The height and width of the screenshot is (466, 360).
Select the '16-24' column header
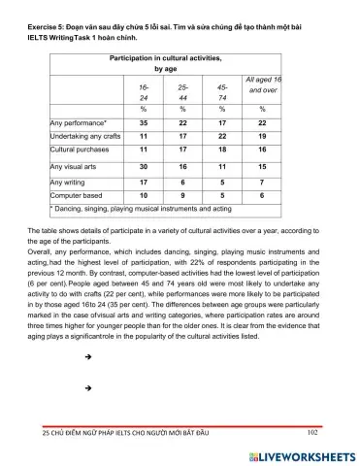click(145, 93)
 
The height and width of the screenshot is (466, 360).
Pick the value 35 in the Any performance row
click(144, 124)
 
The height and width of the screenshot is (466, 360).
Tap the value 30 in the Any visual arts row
click(144, 168)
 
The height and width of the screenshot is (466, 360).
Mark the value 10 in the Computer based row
click(144, 195)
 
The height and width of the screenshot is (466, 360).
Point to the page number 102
click(312, 432)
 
